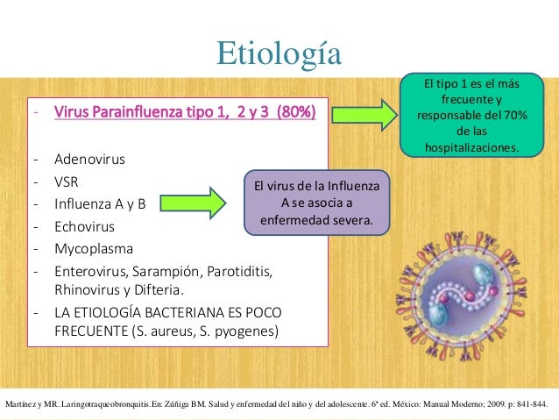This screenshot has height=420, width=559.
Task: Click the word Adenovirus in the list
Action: [x=89, y=160]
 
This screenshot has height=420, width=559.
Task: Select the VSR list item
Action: [x=67, y=182]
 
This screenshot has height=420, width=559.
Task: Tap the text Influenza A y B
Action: [x=100, y=204]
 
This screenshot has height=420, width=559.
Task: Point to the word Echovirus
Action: [x=84, y=226]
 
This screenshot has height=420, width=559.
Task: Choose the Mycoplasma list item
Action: [x=91, y=247]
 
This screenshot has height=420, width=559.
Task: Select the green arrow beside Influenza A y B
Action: [x=208, y=201]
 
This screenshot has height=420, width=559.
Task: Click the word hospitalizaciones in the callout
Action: [x=471, y=148]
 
